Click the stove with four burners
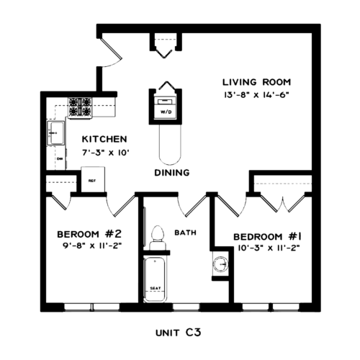point(80,108)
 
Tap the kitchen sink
point(56,133)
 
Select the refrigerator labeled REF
point(93,179)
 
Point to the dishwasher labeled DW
point(60,158)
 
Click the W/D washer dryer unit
point(166,107)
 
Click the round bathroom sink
point(220,264)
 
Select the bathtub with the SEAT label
point(155,279)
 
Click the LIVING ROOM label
point(256,82)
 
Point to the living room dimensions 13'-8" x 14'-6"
point(256,95)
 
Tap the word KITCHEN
point(104,139)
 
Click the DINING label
point(172,173)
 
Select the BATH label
point(185,233)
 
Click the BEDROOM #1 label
point(267,237)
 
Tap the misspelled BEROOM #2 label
point(89,234)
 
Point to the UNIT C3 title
point(178,333)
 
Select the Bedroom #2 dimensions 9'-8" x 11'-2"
point(92,246)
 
